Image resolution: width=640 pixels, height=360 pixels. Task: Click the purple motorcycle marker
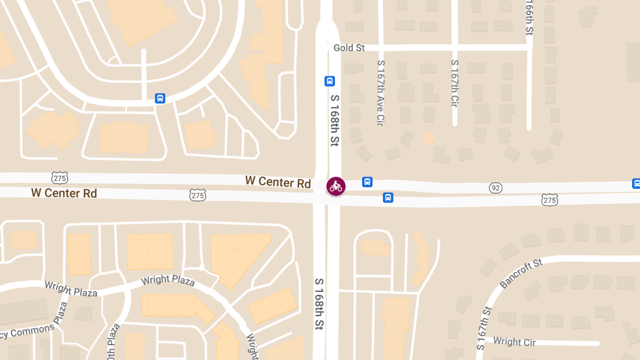tap(336, 186)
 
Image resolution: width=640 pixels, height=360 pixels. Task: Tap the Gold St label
tap(349, 48)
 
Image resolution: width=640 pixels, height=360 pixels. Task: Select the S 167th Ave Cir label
tap(381, 92)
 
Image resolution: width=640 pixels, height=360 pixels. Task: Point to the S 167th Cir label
tap(454, 83)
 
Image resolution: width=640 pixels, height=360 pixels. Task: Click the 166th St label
tap(529, 19)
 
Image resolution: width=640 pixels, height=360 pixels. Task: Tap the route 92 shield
tap(496, 188)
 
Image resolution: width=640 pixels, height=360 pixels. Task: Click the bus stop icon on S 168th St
tap(330, 81)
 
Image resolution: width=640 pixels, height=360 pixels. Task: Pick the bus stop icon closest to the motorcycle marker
tap(367, 182)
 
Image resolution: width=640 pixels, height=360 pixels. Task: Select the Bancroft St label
tap(522, 273)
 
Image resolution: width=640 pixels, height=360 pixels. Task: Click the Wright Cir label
tap(514, 341)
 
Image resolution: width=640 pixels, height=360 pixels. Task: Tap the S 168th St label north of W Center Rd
tap(335, 121)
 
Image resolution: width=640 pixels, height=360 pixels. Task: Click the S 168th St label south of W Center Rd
tap(319, 303)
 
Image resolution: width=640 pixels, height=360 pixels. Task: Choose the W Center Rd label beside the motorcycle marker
tap(278, 182)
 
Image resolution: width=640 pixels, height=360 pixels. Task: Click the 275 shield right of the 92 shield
tap(549, 200)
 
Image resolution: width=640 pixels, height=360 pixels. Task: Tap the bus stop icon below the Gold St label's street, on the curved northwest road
tap(160, 98)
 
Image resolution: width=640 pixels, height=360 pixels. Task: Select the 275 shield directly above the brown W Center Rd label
tap(60, 178)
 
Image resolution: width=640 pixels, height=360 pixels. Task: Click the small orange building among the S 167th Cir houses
tap(429, 138)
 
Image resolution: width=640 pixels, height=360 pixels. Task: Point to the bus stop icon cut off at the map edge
tap(636, 183)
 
